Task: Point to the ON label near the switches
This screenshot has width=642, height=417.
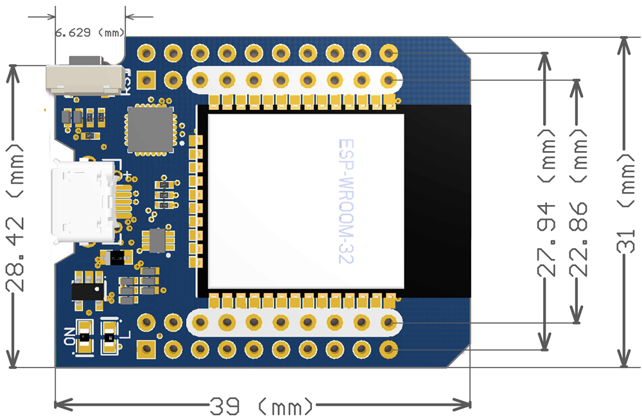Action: (x=69, y=336)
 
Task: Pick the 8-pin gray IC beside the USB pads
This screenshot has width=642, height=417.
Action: (x=157, y=240)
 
